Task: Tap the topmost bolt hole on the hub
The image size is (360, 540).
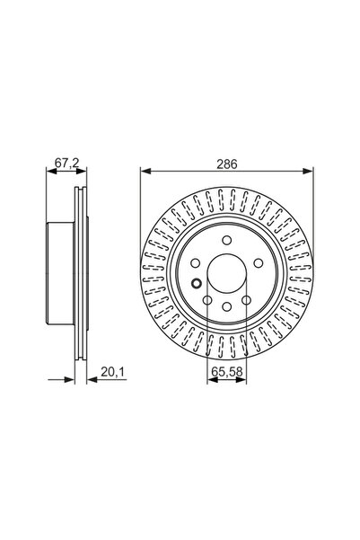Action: click(225, 238)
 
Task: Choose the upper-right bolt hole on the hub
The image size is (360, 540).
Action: click(256, 261)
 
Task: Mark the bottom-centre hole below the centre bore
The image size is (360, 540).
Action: click(225, 307)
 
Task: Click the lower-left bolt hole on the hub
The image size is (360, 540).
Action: click(206, 298)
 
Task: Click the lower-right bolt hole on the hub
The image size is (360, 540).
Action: click(244, 298)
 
